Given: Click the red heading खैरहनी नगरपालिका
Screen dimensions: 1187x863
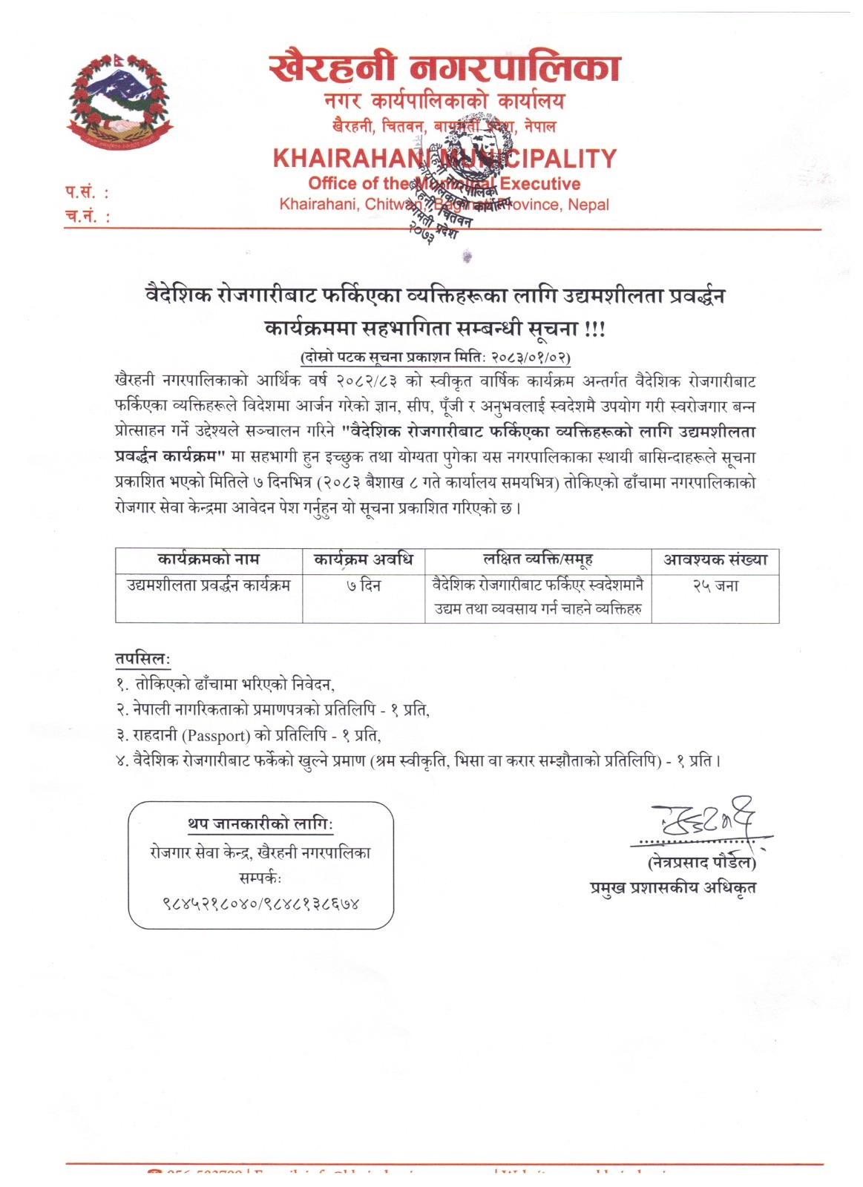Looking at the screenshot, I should click(444, 69).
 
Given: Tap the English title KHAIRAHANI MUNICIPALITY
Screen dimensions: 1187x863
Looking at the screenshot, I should click(444, 158).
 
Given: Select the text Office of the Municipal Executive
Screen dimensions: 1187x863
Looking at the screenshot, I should click(444, 183).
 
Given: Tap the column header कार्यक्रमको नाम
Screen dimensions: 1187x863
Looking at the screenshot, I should click(209, 559).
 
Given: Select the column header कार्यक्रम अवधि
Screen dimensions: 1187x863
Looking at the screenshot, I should click(364, 559).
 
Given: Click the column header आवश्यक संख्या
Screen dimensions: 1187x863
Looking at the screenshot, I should click(715, 559).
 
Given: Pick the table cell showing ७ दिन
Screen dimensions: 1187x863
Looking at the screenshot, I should click(364, 586).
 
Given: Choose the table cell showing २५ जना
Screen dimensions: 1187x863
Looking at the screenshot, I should click(715, 586).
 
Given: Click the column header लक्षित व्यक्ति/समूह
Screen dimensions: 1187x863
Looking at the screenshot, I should click(538, 559).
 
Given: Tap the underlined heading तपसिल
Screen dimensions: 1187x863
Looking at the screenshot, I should click(142, 659).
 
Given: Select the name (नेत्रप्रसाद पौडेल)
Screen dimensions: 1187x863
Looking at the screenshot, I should click(701, 863).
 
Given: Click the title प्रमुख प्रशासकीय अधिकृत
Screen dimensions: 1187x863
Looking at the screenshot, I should click(673, 887).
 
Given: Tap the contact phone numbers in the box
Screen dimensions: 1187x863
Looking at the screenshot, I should click(260, 904).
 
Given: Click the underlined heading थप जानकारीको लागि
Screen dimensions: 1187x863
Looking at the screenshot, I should click(260, 824).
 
